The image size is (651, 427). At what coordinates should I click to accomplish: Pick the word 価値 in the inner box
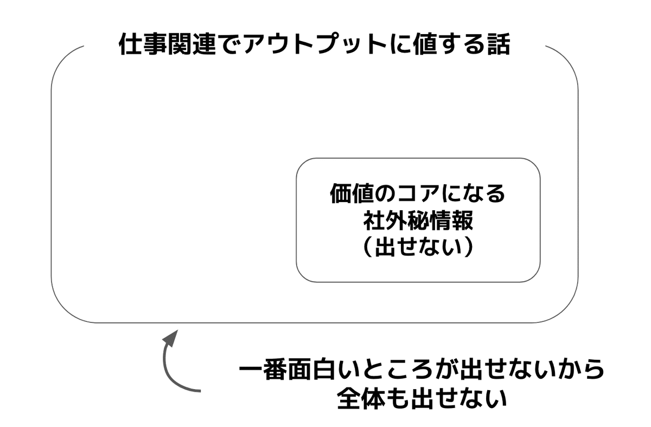pyautogui.click(x=352, y=194)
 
